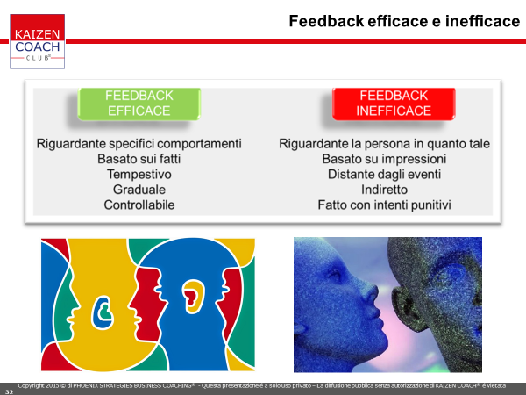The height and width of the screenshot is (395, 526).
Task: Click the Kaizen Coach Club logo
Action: point(37,41)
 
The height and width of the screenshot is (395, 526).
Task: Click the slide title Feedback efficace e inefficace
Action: point(404,21)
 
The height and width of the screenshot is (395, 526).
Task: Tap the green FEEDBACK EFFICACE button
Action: point(139,104)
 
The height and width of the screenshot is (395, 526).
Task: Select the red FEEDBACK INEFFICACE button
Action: point(394,104)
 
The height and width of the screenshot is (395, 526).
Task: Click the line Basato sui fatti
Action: point(139,159)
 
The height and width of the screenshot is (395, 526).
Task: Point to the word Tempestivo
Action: point(139,175)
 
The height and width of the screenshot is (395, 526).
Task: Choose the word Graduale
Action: point(139,190)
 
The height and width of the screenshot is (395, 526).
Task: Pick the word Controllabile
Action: point(139,205)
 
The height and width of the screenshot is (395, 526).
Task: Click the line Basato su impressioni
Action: point(385,159)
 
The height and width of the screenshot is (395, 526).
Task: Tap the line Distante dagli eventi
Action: point(385,175)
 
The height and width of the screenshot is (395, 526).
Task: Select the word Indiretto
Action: point(385,190)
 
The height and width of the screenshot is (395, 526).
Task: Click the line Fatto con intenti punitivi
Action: point(385,205)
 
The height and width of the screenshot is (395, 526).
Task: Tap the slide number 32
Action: point(9,391)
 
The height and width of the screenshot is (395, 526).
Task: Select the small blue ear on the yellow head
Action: point(103,312)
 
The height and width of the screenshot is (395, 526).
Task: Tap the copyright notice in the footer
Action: point(261,386)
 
